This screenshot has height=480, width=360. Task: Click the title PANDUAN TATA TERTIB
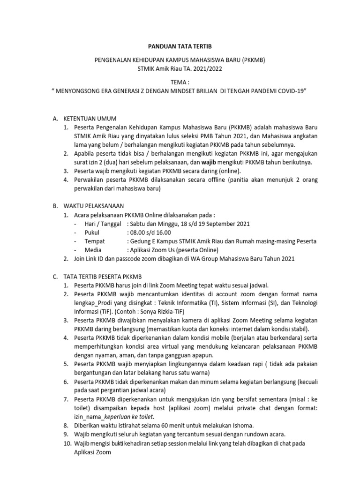(180, 47)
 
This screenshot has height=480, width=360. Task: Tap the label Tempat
(95, 241)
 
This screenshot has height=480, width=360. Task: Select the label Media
(93, 250)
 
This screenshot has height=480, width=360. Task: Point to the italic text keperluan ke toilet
(129, 416)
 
